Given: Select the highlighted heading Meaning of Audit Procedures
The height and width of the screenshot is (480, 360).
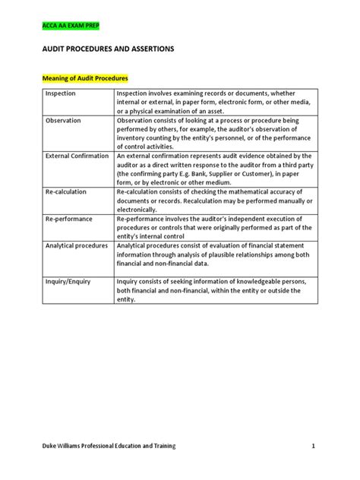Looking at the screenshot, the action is tap(84, 78).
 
